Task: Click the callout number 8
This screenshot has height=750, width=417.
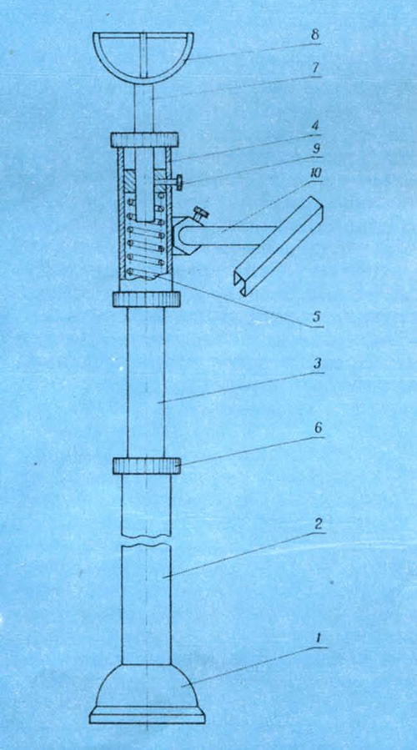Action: [314, 35]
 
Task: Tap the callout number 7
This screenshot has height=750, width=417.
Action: [315, 68]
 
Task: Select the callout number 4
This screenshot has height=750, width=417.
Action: [316, 128]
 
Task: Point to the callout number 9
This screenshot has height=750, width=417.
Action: [316, 148]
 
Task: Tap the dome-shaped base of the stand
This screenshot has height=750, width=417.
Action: [148, 685]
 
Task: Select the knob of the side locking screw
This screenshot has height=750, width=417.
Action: [180, 183]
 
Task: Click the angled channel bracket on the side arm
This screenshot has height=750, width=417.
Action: [279, 246]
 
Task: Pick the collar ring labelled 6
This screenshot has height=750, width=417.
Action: [147, 466]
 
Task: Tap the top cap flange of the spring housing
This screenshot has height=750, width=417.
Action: [144, 139]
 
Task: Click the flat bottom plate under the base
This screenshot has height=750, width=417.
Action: [148, 715]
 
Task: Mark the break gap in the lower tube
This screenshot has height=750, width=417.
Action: [146, 541]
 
